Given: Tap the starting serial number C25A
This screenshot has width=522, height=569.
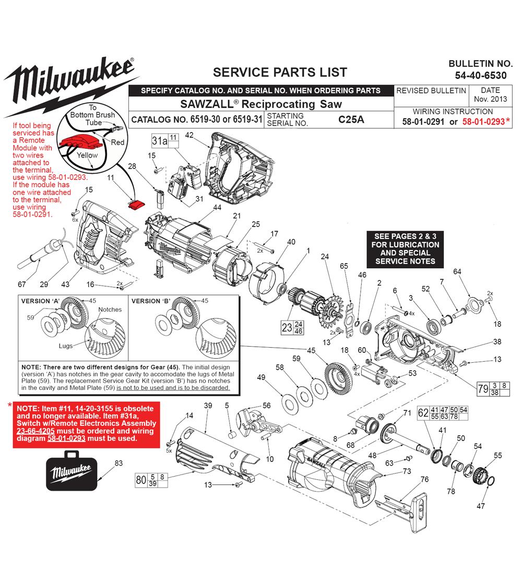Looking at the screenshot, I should click(x=351, y=119).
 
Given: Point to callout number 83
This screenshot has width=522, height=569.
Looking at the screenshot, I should click(x=118, y=463).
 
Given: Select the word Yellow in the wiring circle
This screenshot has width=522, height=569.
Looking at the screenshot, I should click(x=87, y=155).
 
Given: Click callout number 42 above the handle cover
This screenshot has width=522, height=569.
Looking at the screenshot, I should click(x=189, y=135).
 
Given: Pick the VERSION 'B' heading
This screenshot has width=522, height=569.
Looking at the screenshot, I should click(x=149, y=301).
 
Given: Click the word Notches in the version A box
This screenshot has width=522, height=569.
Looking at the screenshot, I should click(x=110, y=310).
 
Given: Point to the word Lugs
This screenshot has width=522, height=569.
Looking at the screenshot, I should click(x=66, y=346).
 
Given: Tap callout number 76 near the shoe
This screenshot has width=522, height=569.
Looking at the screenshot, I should click(x=424, y=479).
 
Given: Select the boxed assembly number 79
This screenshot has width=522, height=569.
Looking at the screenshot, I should click(x=483, y=388).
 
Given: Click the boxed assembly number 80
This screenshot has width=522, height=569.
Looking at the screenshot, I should click(x=140, y=480).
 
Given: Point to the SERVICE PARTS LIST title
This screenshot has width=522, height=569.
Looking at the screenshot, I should click(x=280, y=72).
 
